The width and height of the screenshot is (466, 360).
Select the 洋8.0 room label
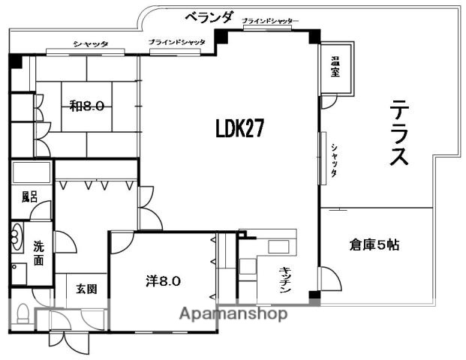click(163, 281)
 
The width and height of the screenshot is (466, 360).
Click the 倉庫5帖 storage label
click(374, 244)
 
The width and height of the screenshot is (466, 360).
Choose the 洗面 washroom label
click(38, 253)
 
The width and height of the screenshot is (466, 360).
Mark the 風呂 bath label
click(29, 197)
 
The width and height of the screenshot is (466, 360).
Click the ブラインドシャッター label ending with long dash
click(270, 20)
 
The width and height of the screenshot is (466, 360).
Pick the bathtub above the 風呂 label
click(31, 173)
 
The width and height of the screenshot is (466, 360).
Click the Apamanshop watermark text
click(233, 314)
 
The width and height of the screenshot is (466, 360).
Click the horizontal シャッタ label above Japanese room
click(91, 44)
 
